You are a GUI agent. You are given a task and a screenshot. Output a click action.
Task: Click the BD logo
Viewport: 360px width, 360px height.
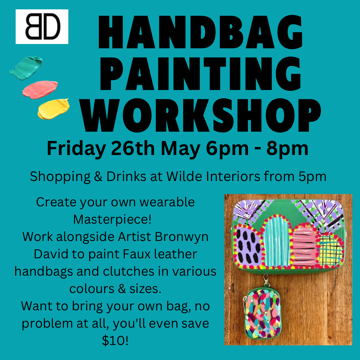click(42, 27)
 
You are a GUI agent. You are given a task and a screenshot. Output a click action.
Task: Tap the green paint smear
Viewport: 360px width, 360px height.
click(26, 68)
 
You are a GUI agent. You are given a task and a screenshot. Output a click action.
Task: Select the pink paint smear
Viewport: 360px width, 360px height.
click(40, 90)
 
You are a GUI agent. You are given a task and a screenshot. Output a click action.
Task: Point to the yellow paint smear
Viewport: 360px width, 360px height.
click(54, 109)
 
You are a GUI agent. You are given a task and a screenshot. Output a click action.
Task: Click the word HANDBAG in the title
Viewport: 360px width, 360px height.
click(201, 32)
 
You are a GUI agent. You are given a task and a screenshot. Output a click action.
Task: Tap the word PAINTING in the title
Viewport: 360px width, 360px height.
click(200, 74)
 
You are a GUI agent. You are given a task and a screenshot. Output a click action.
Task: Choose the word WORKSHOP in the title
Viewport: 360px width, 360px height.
click(201, 115)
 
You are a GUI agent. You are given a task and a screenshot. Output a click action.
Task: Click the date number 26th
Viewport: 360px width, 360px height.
click(133, 148)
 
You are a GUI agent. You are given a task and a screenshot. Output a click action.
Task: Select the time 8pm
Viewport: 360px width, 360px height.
click(287, 149)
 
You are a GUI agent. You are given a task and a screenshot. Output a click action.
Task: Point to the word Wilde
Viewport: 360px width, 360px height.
click(184, 176)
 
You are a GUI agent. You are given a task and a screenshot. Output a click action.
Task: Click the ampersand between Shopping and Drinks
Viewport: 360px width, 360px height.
click(98, 177)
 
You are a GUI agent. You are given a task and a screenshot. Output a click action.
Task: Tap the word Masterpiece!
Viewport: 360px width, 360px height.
click(112, 219)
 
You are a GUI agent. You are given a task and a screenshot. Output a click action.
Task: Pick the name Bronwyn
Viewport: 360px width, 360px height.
click(182, 237)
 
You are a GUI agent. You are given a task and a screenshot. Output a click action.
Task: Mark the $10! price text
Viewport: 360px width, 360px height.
click(115, 340)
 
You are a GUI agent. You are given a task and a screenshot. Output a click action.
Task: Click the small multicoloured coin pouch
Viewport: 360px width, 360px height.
click(262, 313)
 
